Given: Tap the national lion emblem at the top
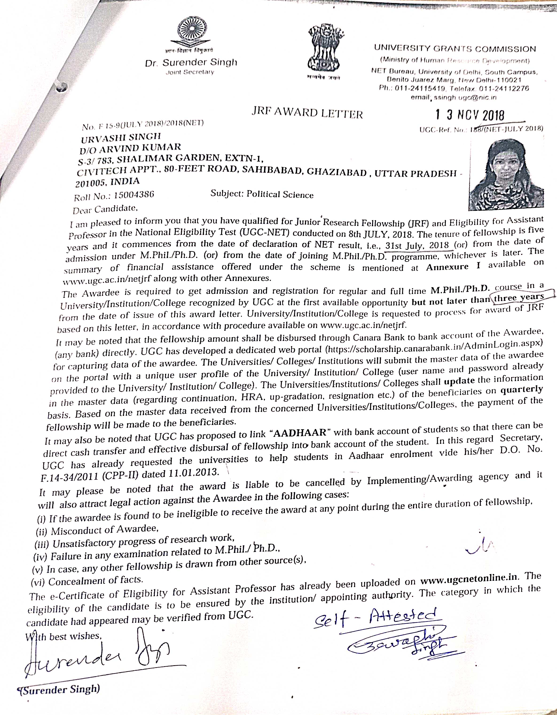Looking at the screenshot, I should point(322,49).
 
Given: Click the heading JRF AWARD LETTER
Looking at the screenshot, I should point(307,113).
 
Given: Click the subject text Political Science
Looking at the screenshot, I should point(280,194).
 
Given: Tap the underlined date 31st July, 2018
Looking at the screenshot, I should point(417,246).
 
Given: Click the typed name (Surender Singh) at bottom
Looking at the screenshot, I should point(59,689).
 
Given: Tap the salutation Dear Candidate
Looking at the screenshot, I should point(104,209).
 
